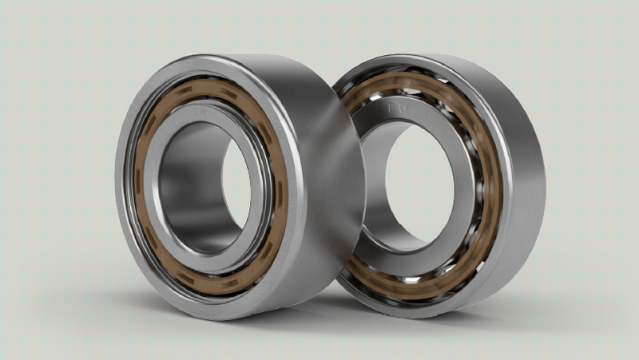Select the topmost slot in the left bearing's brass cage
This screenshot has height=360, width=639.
[209, 89]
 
